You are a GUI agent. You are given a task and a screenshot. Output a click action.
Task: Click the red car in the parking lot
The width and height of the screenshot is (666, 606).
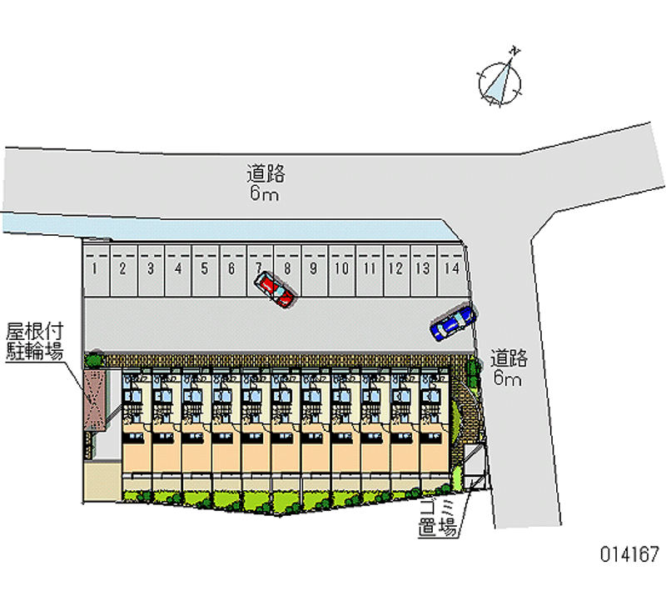276,289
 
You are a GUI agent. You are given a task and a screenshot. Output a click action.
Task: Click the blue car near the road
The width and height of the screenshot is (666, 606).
453,323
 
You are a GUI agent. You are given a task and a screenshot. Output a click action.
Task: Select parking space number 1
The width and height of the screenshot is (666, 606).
97,268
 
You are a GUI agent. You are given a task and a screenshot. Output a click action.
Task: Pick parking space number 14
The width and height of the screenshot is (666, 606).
451,268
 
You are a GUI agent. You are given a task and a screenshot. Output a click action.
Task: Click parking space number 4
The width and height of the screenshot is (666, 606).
178,268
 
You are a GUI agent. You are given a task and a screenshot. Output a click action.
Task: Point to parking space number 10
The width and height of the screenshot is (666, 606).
341,268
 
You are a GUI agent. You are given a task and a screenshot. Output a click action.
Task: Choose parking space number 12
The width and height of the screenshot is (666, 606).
396,268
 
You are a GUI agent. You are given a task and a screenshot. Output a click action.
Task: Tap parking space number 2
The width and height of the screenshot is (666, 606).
122,268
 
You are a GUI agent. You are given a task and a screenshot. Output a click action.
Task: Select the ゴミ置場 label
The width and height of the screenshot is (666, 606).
436,518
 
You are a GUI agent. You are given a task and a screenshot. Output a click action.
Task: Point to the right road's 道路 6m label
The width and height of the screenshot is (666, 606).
508,368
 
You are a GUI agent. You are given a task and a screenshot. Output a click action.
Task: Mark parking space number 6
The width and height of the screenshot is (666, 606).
232,268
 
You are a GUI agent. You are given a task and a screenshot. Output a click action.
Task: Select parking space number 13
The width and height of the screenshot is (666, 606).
424,268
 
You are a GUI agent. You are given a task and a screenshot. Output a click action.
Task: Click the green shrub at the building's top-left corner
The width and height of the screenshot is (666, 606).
92,359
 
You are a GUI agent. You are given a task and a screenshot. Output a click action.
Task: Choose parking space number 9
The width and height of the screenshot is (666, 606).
314,268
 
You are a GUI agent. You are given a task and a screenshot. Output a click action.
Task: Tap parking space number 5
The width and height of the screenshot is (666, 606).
205,268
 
